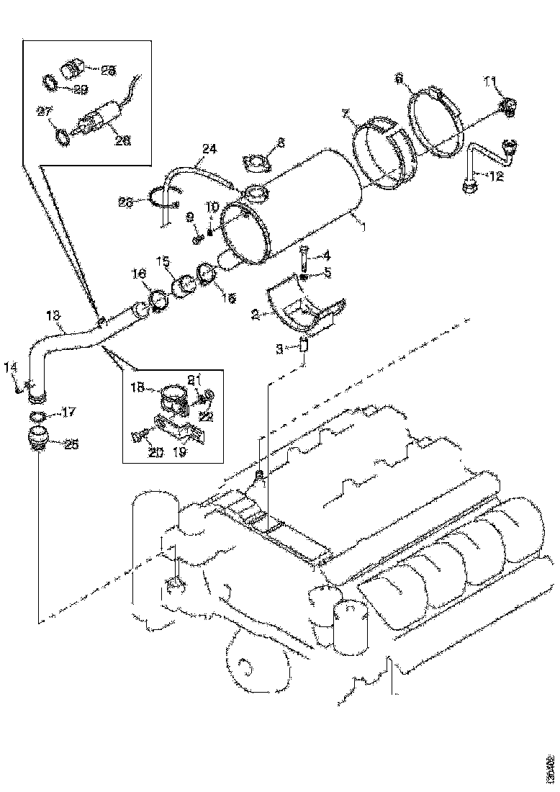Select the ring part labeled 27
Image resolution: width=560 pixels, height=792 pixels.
[63, 135]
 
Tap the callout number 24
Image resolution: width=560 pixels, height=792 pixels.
[209, 150]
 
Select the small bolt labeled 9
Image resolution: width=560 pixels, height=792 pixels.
[197, 235]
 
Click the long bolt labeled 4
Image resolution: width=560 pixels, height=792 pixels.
[303, 256]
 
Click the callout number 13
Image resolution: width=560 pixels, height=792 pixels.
[53, 315]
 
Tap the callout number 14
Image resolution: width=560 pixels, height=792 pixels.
[10, 367]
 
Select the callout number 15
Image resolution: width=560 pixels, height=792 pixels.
[163, 260]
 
